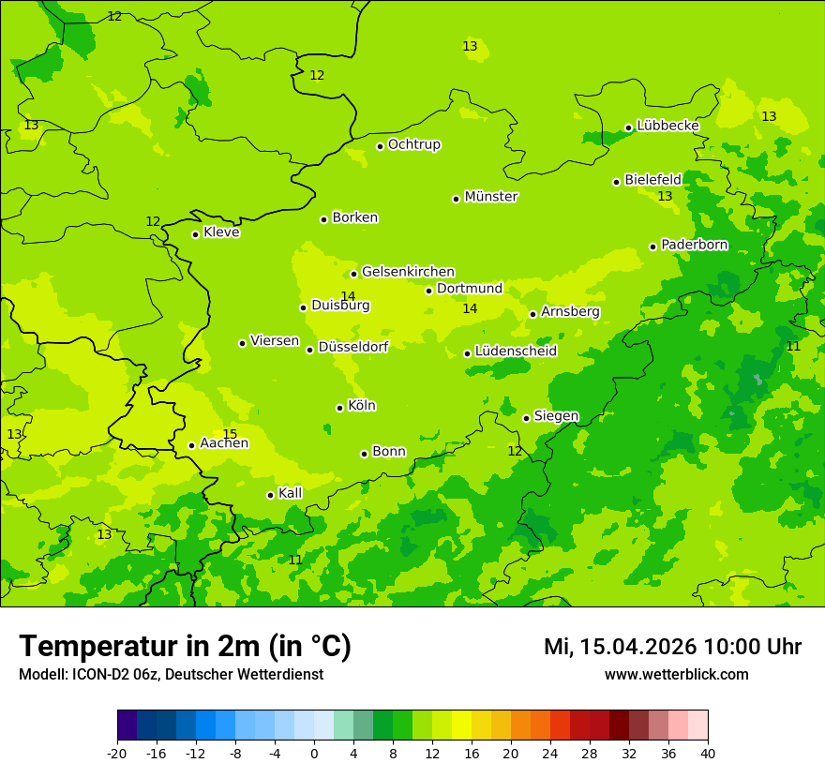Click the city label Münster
pyautogui.click(x=491, y=197)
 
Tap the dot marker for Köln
pyautogui.click(x=339, y=408)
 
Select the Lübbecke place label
pyautogui.click(x=667, y=126)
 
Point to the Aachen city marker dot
pyautogui.click(x=191, y=445)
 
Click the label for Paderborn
pyautogui.click(x=694, y=245)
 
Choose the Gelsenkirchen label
pyautogui.click(x=408, y=272)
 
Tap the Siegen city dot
pyautogui.click(x=526, y=418)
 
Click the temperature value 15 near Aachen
pyautogui.click(x=230, y=434)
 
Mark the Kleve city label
pyautogui.click(x=221, y=232)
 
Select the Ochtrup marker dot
pyautogui.click(x=380, y=146)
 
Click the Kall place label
pyautogui.click(x=291, y=493)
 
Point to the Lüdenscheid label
pyautogui.click(x=516, y=352)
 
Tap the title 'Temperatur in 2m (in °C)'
pyautogui.click(x=185, y=647)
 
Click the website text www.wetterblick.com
pyautogui.click(x=676, y=675)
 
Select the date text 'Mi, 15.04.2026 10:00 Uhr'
pyautogui.click(x=672, y=647)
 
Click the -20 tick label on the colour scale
pyautogui.click(x=117, y=753)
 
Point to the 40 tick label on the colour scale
pyautogui.click(x=708, y=753)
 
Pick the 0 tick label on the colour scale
pyautogui.click(x=314, y=753)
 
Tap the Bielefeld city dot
pyautogui.click(x=616, y=182)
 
